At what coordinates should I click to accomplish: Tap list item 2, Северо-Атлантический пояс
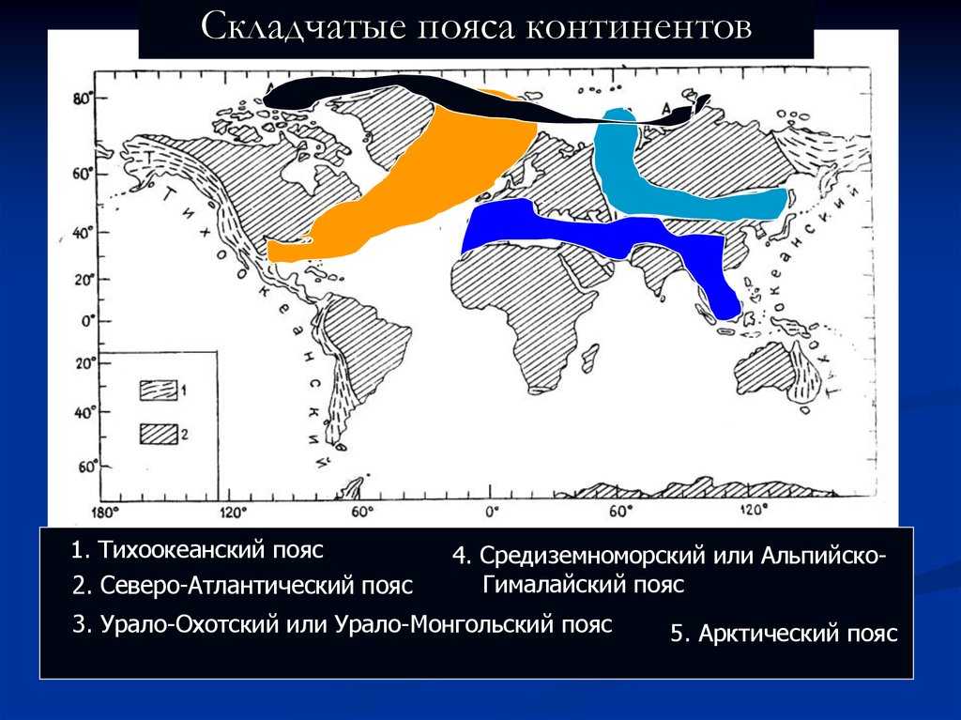[242, 587]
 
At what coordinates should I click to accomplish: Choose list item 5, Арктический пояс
[784, 634]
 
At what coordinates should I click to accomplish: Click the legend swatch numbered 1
[159, 390]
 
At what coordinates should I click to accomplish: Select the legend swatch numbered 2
[159, 433]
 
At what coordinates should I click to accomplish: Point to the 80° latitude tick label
[83, 99]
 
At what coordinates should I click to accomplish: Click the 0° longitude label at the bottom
[490, 513]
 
